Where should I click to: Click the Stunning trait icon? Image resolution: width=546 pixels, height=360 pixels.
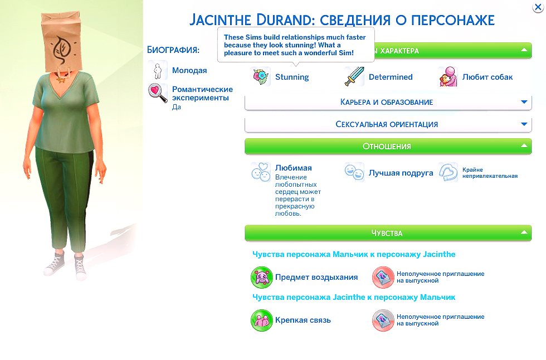click(261, 77)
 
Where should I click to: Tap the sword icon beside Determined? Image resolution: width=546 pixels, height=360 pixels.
click(354, 77)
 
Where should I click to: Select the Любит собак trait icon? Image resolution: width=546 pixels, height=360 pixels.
click(448, 77)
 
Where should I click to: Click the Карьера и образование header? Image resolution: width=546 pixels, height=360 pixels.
click(387, 103)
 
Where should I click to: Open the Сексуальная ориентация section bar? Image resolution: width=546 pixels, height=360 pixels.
click(387, 124)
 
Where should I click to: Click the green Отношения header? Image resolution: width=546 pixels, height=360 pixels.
click(387, 147)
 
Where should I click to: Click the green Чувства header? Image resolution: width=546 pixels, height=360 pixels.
click(387, 233)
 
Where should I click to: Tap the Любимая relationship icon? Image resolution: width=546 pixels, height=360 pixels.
click(261, 172)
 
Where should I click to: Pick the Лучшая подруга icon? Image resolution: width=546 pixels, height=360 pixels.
click(354, 172)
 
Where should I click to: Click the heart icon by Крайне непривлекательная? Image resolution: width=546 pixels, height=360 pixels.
click(448, 172)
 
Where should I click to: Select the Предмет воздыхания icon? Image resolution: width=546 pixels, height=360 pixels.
click(261, 277)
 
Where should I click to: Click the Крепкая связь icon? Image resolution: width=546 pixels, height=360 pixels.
click(261, 320)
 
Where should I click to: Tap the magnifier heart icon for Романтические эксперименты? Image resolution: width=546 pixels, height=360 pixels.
click(158, 93)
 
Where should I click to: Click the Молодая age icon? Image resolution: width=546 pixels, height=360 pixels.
click(158, 70)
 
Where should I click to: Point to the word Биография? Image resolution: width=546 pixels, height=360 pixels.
click(173, 50)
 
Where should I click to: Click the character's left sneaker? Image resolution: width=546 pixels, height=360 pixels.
click(80, 266)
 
